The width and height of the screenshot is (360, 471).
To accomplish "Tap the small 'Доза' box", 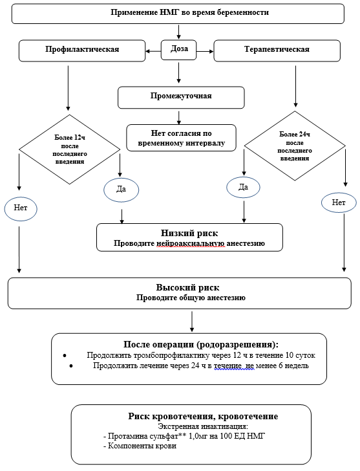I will (x=179, y=50).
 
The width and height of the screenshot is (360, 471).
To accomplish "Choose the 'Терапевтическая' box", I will (x=277, y=50).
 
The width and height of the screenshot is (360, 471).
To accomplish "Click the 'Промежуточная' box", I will (x=181, y=96).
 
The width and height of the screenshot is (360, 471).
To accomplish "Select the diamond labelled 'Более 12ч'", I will (x=69, y=149).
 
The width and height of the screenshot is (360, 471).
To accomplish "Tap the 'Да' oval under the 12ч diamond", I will (x=120, y=188).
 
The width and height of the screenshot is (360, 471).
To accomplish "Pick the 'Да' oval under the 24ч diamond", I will (x=243, y=187).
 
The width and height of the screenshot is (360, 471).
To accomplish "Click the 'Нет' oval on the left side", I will (x=21, y=208).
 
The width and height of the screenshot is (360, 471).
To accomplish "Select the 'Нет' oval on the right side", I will (x=339, y=203).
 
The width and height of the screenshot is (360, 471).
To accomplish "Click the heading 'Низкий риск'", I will (x=189, y=233).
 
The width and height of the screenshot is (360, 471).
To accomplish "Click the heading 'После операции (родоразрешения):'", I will (x=205, y=344).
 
